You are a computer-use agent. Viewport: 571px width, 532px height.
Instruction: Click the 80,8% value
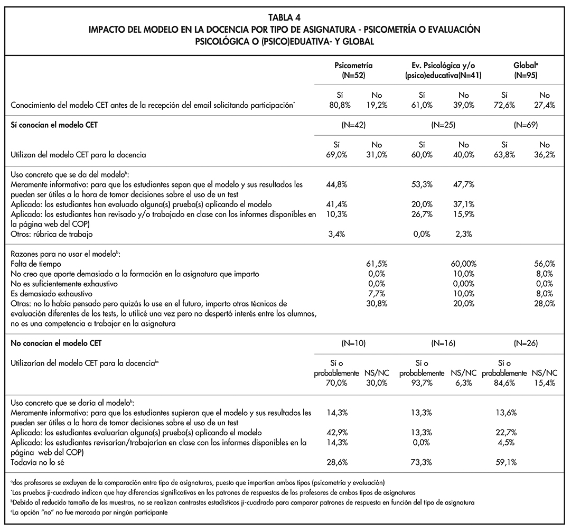click(x=336, y=105)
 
